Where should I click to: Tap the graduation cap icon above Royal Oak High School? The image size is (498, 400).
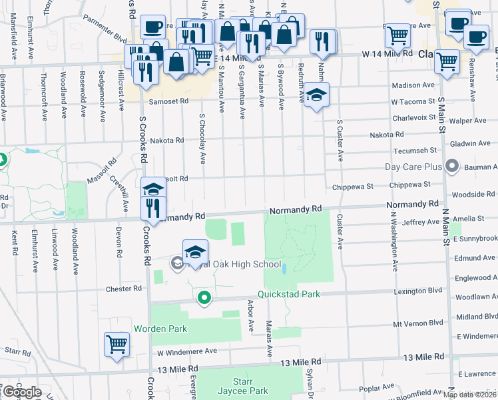195,252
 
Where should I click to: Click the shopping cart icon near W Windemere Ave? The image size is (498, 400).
117,345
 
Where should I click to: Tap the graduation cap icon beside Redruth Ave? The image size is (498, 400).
317,95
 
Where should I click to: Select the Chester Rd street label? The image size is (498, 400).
124,289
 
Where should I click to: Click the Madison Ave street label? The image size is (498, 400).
413,85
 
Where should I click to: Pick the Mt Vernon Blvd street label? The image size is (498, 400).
417,323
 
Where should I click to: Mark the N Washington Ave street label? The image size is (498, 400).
394,242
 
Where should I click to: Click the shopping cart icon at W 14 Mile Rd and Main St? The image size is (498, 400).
447,62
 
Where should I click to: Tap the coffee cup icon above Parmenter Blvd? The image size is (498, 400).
152,27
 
